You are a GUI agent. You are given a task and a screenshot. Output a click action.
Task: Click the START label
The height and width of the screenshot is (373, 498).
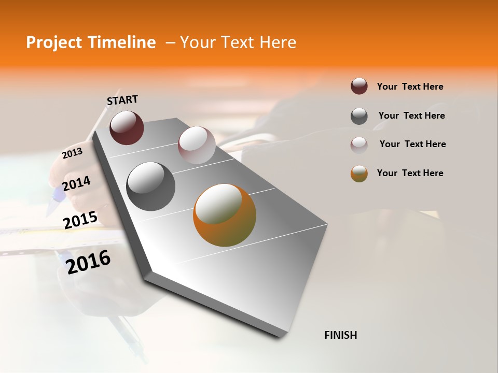pyautogui.click(x=122, y=100)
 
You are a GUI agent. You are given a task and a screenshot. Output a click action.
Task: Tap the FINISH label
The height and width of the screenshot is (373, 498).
pyautogui.click(x=340, y=335)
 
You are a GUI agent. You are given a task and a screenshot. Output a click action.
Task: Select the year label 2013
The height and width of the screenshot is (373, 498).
pyautogui.click(x=72, y=153)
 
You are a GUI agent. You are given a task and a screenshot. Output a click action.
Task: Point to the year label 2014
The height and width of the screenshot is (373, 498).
pyautogui.click(x=76, y=183)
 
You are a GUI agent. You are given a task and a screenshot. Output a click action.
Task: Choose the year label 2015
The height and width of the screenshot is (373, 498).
pyautogui.click(x=80, y=220)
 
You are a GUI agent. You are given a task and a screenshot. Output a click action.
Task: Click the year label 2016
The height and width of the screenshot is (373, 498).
pyautogui.click(x=88, y=261)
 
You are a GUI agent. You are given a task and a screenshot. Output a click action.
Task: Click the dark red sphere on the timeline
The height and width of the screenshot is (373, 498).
pyautogui.click(x=127, y=127)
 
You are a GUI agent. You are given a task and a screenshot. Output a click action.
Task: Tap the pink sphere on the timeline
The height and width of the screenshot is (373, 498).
pyautogui.click(x=197, y=145)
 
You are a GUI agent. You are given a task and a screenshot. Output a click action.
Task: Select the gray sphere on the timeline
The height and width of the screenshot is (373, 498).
pyautogui.click(x=150, y=186)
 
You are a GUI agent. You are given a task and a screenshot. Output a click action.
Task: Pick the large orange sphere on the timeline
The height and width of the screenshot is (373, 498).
pyautogui.click(x=225, y=215)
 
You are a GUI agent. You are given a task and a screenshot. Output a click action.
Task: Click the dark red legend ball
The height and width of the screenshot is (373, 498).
pyautogui.click(x=359, y=86)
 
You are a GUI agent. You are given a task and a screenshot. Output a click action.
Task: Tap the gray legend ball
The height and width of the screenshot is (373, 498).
pyautogui.click(x=359, y=116)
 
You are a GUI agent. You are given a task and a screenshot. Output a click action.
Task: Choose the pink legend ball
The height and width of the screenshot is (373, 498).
pyautogui.click(x=359, y=145)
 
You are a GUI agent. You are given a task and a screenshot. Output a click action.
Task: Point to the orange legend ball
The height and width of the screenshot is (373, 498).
pyautogui.click(x=359, y=174)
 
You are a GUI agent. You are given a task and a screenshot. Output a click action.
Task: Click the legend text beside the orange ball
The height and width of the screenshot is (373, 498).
pyautogui.click(x=410, y=173)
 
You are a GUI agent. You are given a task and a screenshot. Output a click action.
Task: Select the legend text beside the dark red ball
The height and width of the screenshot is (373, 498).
pyautogui.click(x=410, y=87)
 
